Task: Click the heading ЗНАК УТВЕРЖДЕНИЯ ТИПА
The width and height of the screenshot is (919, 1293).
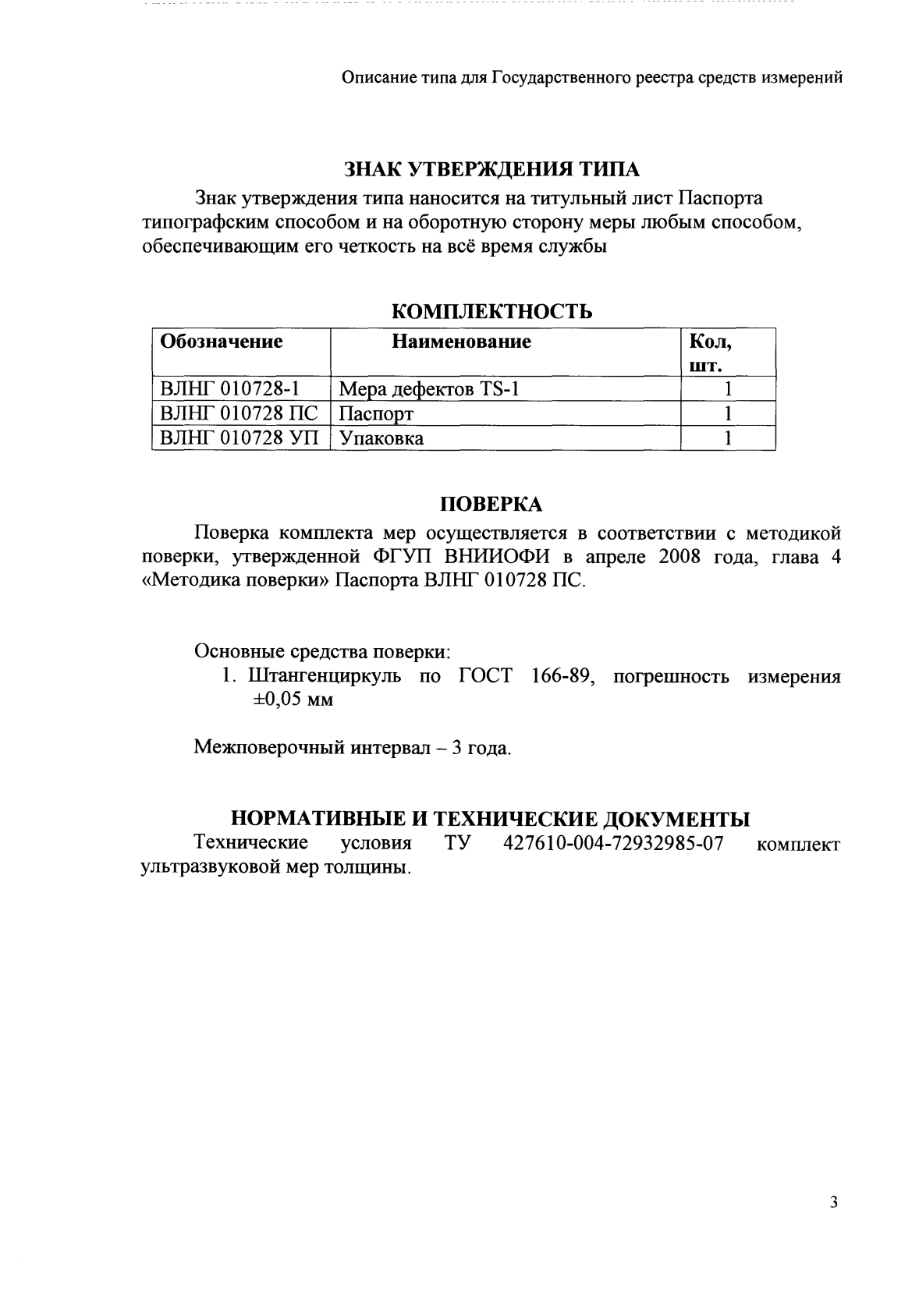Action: click(x=491, y=169)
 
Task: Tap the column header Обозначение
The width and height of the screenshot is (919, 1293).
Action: click(x=221, y=342)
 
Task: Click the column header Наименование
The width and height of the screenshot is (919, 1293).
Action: click(x=461, y=342)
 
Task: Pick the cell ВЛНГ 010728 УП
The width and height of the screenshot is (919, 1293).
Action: click(x=240, y=437)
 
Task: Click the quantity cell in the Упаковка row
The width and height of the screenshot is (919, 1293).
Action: click(x=727, y=437)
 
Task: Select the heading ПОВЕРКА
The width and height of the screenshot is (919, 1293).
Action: click(x=491, y=505)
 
